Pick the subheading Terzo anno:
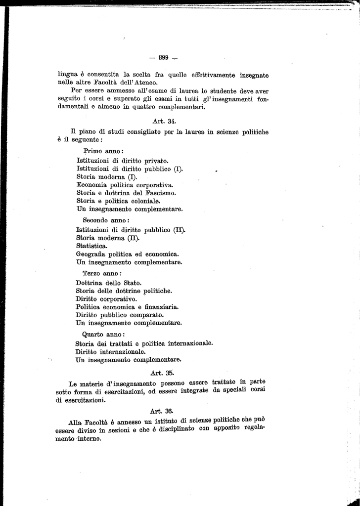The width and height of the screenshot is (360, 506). (102, 273)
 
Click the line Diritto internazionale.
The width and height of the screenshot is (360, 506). (110, 351)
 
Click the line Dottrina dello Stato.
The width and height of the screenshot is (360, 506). (108, 283)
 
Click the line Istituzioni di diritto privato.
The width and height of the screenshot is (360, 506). (123, 160)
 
